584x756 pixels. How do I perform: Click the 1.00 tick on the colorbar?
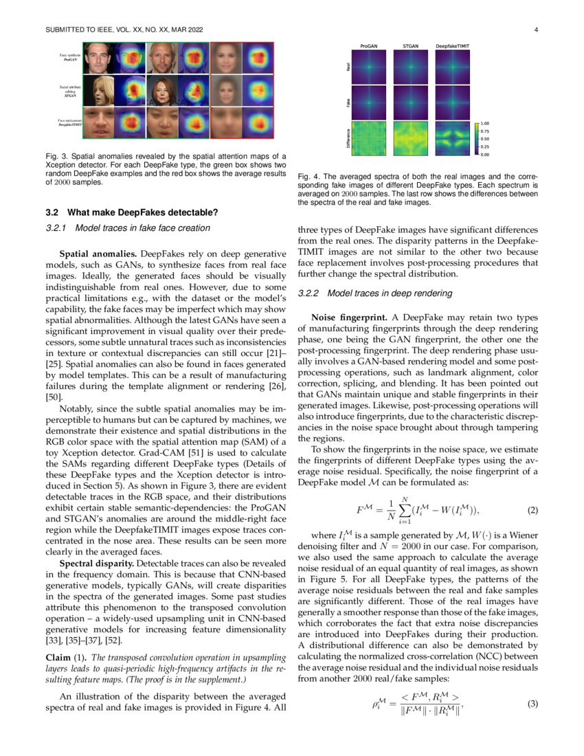pyautogui.click(x=486, y=124)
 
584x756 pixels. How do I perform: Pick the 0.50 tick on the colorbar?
pyautogui.click(x=486, y=140)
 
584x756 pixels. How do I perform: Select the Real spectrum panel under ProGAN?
pyautogui.click(x=369, y=68)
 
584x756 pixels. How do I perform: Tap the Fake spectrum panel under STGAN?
pyautogui.click(x=411, y=104)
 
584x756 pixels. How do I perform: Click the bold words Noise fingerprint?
pyautogui.click(x=350, y=319)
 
